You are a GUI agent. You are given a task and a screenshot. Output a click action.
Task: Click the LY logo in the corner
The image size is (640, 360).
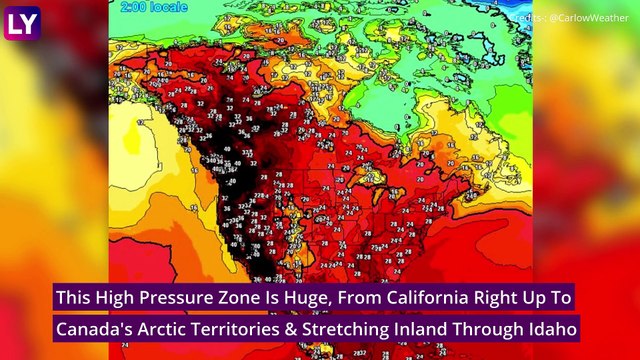[22, 21]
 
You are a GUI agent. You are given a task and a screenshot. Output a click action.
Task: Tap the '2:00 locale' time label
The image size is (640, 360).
[148, 7]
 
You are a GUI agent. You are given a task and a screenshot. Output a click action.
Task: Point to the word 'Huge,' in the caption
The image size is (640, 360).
[300, 297]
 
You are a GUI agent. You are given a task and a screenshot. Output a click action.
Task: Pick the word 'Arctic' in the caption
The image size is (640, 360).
[168, 328]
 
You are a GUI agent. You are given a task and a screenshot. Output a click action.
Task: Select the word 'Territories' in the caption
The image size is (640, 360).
[248, 328]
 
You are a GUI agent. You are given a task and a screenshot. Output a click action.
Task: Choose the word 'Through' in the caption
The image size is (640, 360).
[507, 328]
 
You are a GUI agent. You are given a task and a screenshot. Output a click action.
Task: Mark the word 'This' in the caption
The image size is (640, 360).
[76, 297]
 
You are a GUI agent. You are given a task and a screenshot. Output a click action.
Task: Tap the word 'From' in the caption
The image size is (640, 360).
[350, 297]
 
